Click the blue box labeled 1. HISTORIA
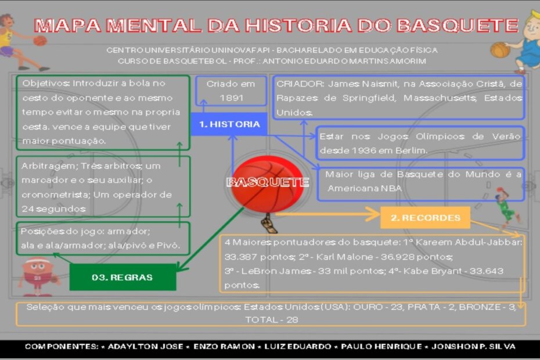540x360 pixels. [x=229, y=124]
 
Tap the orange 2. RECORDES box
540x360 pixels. [x=425, y=218]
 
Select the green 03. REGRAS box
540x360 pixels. [x=123, y=278]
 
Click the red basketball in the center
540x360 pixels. [x=267, y=184]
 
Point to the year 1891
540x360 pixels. [x=232, y=98]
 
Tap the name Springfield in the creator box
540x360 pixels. [x=369, y=98]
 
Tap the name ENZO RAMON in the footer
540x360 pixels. [x=224, y=347]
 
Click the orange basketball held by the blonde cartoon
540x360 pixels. [x=500, y=51]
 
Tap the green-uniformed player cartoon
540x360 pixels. [x=506, y=206]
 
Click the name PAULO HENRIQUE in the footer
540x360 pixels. [x=381, y=347]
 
